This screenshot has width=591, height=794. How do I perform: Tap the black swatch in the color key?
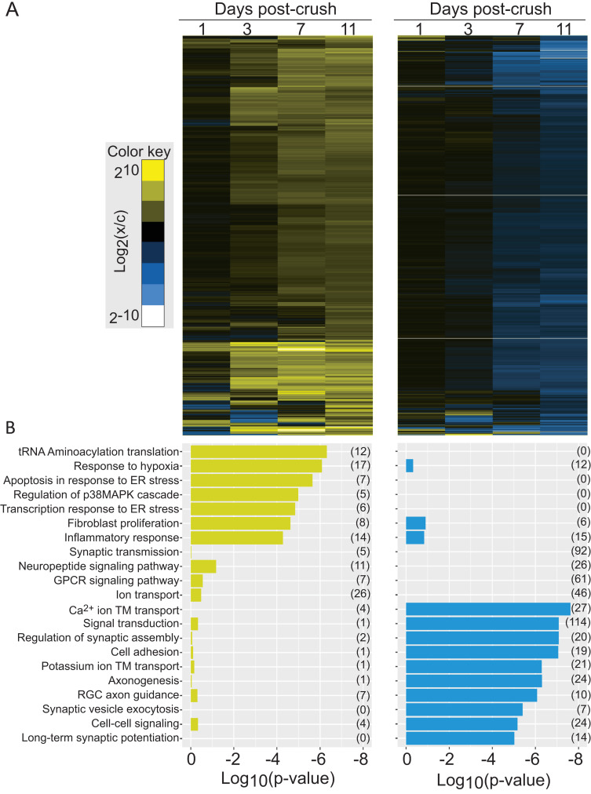[152, 231]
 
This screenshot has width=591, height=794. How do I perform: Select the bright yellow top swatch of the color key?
[152, 170]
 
